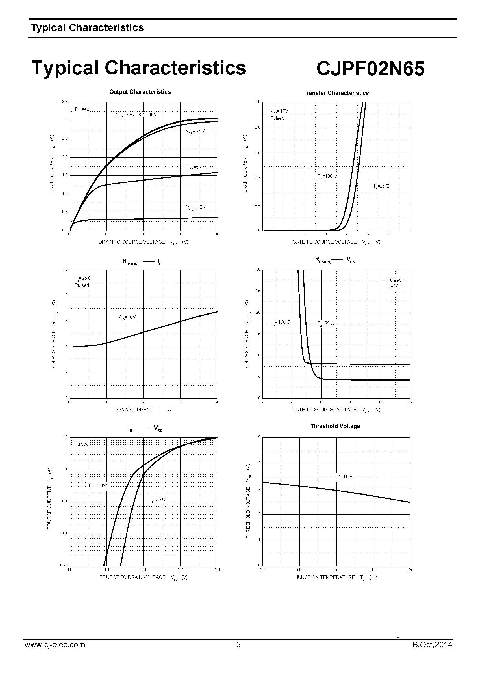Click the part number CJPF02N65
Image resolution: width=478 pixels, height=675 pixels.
pos(370,68)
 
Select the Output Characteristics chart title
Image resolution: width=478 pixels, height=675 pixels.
pos(140,92)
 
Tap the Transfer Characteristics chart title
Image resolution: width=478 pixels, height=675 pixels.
pos(336,93)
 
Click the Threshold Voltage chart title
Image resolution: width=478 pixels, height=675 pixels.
pos(335,426)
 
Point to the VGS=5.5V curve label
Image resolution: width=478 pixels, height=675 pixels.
pos(195,131)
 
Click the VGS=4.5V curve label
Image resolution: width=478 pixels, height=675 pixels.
pos(195,207)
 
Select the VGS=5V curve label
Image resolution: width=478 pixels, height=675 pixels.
pos(194,167)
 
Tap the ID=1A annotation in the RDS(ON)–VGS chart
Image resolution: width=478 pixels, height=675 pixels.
pos(393,286)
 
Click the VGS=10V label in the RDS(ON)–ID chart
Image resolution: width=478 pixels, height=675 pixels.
pos(127,317)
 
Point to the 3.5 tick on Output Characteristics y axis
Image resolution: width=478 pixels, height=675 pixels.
pos(65,102)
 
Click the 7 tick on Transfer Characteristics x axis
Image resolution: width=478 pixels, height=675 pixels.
pos(410,234)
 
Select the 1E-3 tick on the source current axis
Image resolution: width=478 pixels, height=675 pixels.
pos(64,565)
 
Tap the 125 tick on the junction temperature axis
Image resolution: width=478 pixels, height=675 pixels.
pos(410,569)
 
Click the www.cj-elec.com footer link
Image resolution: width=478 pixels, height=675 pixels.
pos(55,645)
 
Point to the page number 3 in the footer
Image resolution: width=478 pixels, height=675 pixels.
pos(238,645)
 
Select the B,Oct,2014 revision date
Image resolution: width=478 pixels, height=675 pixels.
pos(432,645)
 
